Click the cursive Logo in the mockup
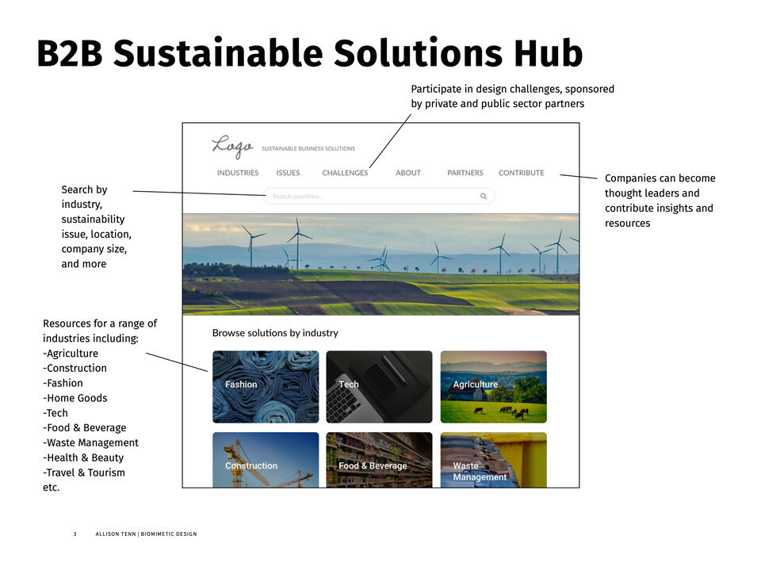pos(232,146)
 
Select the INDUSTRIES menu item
pos(238,173)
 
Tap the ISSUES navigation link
pos(288,173)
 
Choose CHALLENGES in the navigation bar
pos(345,173)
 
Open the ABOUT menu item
pos(408,173)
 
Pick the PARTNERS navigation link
pos(465,173)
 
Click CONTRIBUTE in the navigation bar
pos(522,173)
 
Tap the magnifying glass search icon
pos(484,196)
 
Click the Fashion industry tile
pos(266,387)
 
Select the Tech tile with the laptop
pos(379,387)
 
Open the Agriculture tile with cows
pos(494,387)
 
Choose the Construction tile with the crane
pos(266,460)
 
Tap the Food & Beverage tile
pos(379,460)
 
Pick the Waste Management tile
pos(494,460)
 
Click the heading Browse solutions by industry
pos(275,333)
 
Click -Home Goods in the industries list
pos(75,398)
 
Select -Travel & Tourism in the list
pos(84,473)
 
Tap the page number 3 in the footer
pos(75,534)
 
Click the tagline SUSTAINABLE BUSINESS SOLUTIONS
pos(308,148)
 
